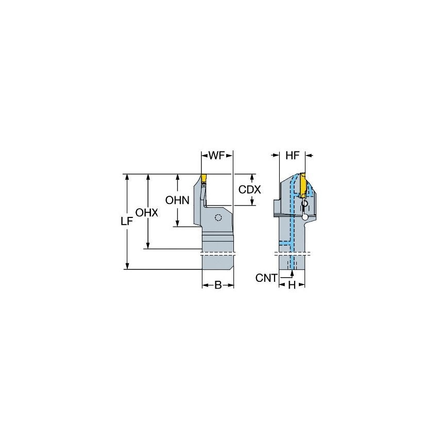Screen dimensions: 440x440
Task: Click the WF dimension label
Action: [x=217, y=156]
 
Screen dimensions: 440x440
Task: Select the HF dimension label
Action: [x=292, y=156]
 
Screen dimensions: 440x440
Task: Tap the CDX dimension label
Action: [x=249, y=190]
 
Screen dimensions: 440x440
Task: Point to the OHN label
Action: [x=177, y=199]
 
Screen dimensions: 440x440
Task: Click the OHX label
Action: [x=147, y=212]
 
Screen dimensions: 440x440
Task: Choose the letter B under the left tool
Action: [x=217, y=285]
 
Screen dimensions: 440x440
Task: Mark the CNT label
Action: [x=266, y=278]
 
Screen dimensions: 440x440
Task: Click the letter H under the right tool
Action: [x=292, y=285]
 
